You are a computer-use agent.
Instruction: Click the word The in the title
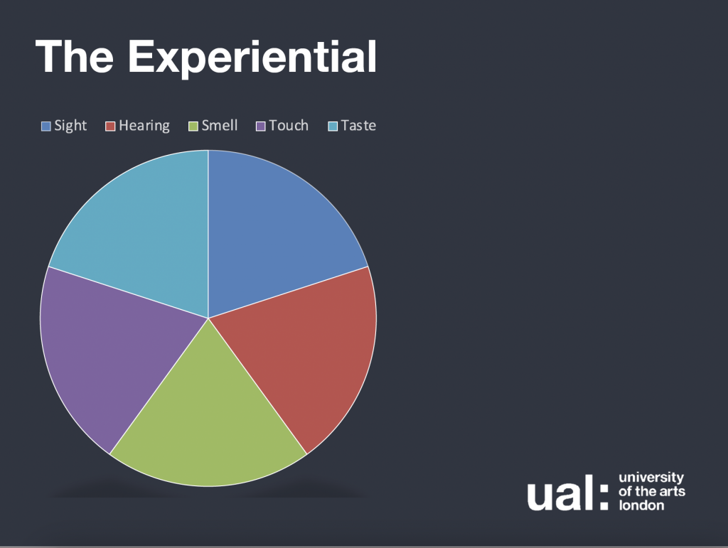tap(74, 56)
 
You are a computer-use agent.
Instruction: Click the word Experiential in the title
tap(252, 58)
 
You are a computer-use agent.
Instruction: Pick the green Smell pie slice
tap(208, 418)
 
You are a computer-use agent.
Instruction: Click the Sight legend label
tap(70, 126)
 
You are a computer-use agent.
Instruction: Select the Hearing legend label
tap(144, 126)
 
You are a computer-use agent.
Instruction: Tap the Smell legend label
tap(219, 125)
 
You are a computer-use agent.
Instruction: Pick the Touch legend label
tap(289, 125)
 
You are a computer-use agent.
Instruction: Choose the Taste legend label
tap(358, 125)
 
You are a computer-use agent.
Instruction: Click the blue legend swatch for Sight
tap(46, 127)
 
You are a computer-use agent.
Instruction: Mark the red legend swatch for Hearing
tap(110, 127)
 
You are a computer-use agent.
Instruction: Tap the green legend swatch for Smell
tap(193, 127)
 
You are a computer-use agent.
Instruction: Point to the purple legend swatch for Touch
tap(261, 127)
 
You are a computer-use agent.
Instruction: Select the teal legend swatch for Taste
tap(333, 127)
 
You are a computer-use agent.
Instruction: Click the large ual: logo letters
tap(568, 493)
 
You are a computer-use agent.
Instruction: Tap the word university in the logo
tap(651, 478)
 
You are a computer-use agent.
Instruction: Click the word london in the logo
tap(641, 505)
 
